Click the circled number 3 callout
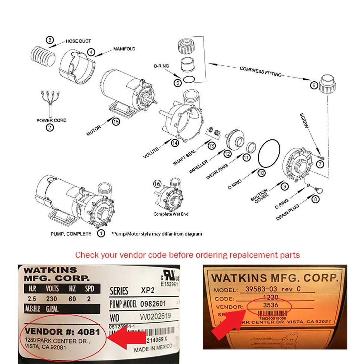[x=49, y=40]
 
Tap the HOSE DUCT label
[x=78, y=41]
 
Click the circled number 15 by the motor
[x=116, y=121]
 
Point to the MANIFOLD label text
[x=124, y=49]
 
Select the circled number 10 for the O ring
[x=261, y=173]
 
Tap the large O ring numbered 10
[x=269, y=155]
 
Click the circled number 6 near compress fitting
[x=314, y=85]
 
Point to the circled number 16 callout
[x=157, y=184]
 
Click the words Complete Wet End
[x=171, y=214]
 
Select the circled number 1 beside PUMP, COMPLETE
[x=101, y=233]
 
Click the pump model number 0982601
[x=153, y=304]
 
